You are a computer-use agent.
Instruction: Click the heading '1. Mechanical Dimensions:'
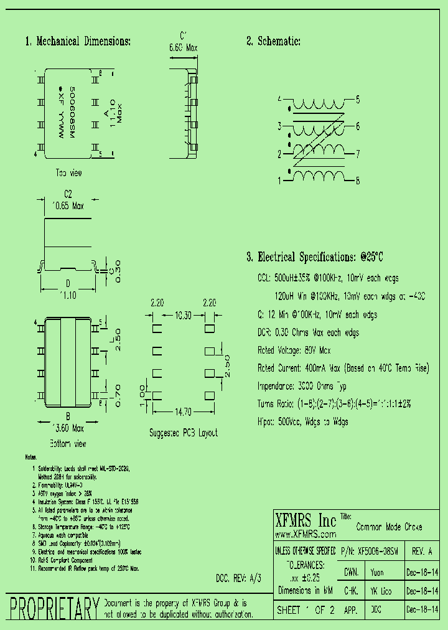(78, 42)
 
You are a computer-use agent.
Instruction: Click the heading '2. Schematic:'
(274, 42)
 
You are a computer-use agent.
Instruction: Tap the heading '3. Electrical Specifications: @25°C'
(315, 257)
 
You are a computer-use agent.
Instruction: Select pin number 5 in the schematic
(358, 99)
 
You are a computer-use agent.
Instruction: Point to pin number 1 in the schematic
(280, 181)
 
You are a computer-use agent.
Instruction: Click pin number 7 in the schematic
(358, 153)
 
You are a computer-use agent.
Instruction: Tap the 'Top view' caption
(68, 172)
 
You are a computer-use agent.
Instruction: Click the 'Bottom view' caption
(68, 444)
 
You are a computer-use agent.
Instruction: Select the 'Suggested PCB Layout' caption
(184, 433)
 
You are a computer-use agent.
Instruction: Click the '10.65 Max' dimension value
(68, 205)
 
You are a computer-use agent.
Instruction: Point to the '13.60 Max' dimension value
(68, 428)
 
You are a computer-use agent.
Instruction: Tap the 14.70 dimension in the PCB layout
(183, 411)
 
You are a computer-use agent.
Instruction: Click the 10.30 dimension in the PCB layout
(183, 316)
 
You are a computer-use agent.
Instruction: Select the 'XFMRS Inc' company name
(306, 521)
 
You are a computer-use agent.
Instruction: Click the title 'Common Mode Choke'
(389, 527)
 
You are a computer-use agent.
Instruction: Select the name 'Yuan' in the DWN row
(377, 571)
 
